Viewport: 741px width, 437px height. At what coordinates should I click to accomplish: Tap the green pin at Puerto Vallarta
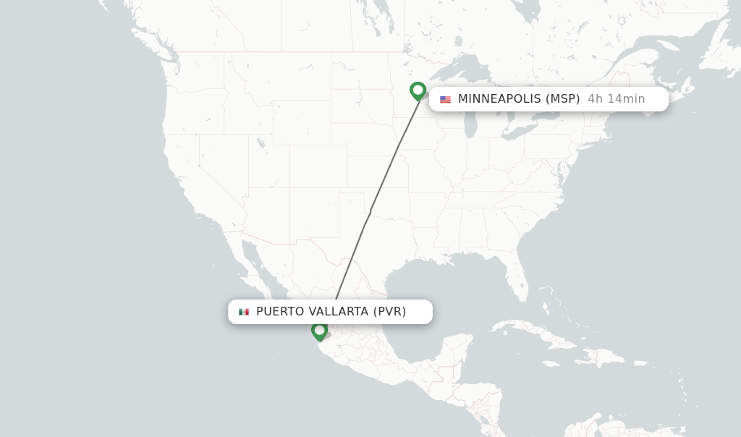(x=319, y=331)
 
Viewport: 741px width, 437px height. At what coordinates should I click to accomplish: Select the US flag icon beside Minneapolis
(x=445, y=99)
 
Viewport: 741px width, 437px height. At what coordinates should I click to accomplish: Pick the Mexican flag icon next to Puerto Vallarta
(x=244, y=312)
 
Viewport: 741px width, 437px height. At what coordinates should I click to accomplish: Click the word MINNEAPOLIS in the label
(x=499, y=98)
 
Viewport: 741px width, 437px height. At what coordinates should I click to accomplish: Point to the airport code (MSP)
(x=562, y=98)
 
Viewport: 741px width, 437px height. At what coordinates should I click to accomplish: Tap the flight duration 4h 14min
(x=616, y=98)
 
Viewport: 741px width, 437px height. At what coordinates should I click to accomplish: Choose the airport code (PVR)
(x=389, y=311)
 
